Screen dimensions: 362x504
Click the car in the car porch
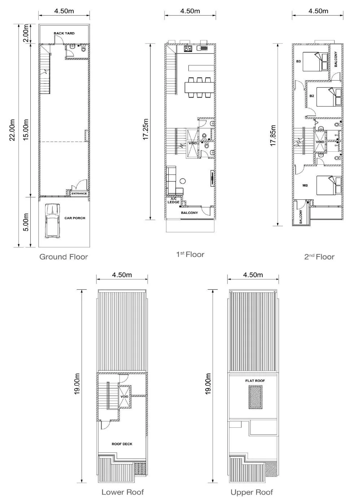(x=53, y=221)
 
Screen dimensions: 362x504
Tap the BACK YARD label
(x=64, y=33)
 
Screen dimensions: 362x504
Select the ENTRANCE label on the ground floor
(x=79, y=194)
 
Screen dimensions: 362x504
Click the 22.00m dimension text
(x=12, y=130)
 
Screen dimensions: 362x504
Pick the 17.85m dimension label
(x=273, y=136)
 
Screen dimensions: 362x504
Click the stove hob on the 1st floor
(x=188, y=49)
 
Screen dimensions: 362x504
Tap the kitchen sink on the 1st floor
(x=201, y=48)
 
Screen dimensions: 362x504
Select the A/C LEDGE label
(x=174, y=201)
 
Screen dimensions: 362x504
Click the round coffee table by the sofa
(x=183, y=180)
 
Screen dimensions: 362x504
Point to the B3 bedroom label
(x=298, y=61)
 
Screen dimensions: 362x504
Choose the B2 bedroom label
(x=312, y=96)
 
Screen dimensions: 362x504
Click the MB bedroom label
(x=305, y=185)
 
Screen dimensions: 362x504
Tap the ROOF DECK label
(x=122, y=444)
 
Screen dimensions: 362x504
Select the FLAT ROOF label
(x=255, y=381)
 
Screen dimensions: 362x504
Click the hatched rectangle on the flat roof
(x=256, y=397)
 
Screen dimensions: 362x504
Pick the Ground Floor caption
(x=64, y=257)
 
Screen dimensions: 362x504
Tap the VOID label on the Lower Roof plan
(x=124, y=396)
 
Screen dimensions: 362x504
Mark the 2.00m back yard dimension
(x=26, y=33)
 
